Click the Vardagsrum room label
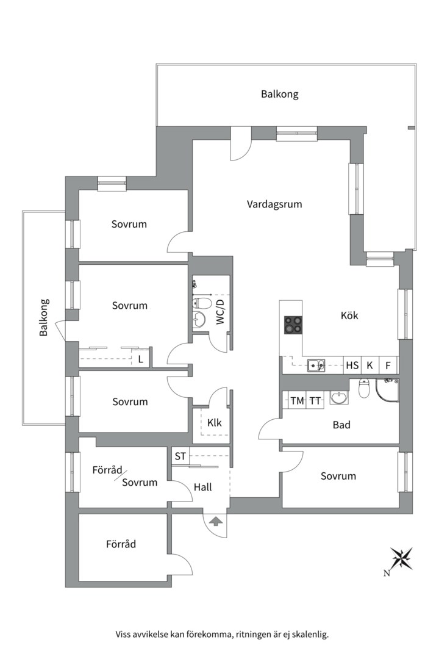click(274, 204)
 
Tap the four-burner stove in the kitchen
click(293, 325)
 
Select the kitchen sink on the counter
click(316, 366)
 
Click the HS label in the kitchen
click(352, 366)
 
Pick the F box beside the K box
click(388, 366)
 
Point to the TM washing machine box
click(298, 401)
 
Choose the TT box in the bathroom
click(315, 401)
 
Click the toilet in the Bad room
click(364, 388)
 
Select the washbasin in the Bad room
click(338, 397)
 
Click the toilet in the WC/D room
click(198, 303)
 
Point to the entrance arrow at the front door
click(215, 522)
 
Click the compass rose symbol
click(402, 558)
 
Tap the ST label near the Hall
click(180, 456)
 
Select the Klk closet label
click(214, 422)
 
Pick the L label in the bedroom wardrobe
click(141, 359)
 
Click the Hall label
click(202, 487)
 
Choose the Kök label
click(349, 315)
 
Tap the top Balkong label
click(280, 94)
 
